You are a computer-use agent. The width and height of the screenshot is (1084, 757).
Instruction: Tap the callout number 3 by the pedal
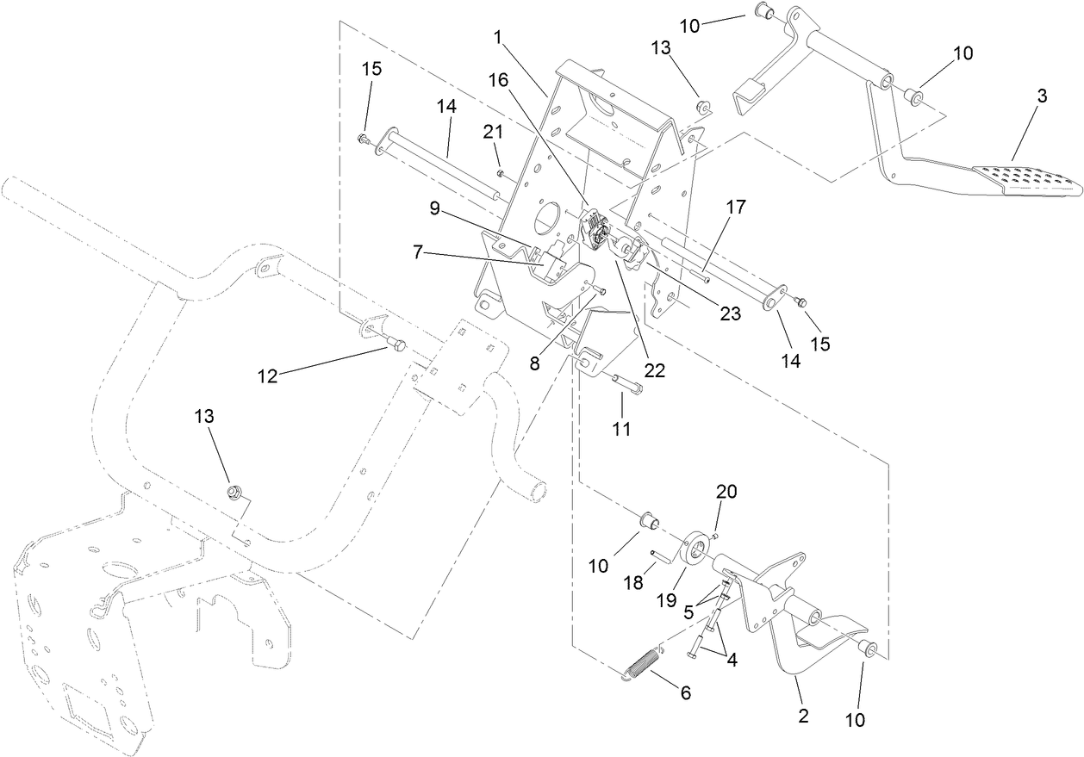1042,96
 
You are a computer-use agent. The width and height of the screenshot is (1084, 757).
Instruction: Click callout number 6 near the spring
686,692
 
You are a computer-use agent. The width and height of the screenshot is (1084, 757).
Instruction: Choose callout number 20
727,492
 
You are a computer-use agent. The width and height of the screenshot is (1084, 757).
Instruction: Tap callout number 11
620,428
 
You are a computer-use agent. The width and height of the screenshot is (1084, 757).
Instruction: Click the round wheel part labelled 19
695,551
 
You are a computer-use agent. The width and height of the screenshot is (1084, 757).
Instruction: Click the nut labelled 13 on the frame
231,492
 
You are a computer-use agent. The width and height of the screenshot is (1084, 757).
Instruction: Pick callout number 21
492,131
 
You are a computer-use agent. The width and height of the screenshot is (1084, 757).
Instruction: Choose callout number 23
731,315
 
